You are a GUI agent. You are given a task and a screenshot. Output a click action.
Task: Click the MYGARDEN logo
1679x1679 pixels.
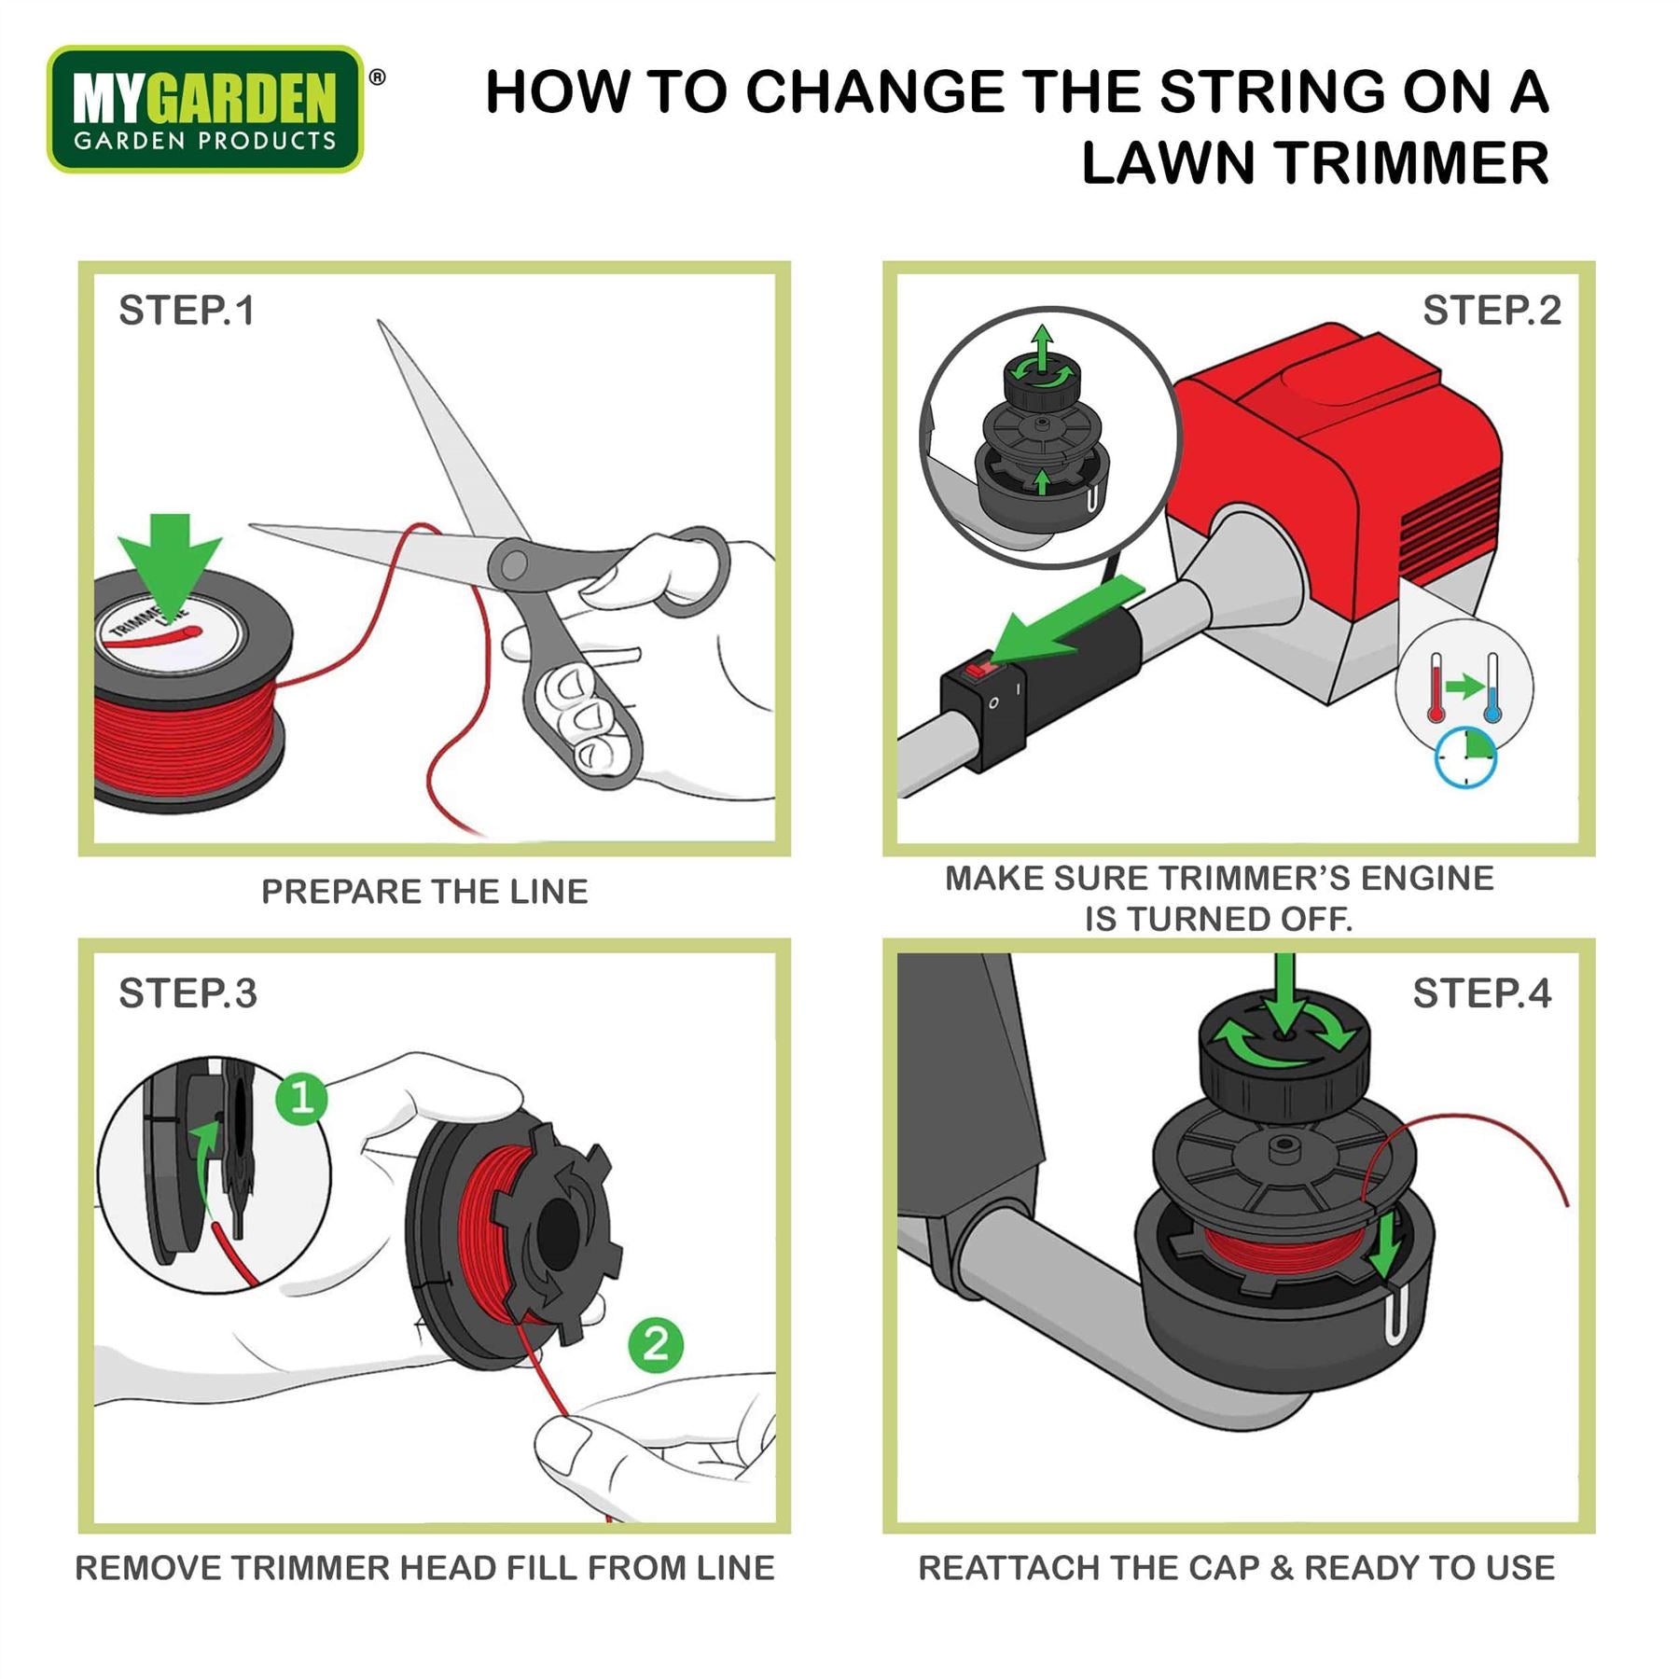coord(205,109)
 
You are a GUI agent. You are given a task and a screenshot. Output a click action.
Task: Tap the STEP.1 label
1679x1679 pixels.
coord(187,311)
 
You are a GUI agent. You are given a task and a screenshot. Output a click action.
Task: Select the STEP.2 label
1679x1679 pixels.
coord(1492,311)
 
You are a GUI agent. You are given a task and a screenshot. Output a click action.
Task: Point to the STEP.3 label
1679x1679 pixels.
coord(187,993)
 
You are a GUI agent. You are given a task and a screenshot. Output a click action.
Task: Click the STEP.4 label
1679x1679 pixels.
coord(1482,993)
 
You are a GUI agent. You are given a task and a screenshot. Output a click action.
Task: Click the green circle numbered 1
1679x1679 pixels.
coord(301,1098)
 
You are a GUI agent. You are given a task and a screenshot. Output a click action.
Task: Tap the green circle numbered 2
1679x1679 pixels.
coord(656,1345)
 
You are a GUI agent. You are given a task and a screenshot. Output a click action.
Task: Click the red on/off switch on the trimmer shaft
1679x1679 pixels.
coord(978,670)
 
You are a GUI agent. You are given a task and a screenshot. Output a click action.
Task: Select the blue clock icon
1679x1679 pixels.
coord(1465,756)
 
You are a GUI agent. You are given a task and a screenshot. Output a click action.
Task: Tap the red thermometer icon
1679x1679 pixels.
coord(1436,687)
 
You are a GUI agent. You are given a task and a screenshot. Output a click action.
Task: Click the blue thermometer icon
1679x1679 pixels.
coord(1492,687)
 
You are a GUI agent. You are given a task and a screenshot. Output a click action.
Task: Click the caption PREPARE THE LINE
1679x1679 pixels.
coord(424,892)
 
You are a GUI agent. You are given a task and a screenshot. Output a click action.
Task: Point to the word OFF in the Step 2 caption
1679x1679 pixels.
coord(1316,920)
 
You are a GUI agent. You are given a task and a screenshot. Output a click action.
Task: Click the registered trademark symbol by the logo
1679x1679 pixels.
coord(377,77)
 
